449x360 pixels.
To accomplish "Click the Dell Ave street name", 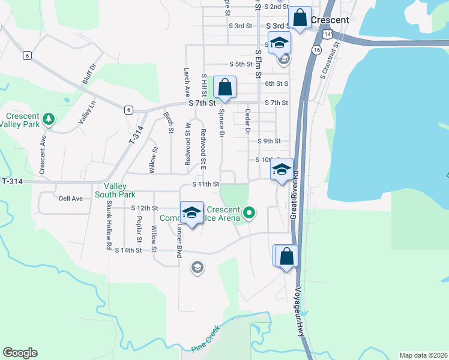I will pyautogui.click(x=70, y=198).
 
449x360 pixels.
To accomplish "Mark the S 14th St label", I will pyautogui.click(x=130, y=250).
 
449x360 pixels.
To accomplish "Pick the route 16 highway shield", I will pyautogui.click(x=316, y=50).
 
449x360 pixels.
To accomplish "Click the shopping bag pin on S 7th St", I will pyautogui.click(x=224, y=88).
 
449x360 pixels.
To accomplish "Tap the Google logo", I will pyautogui.click(x=20, y=353).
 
